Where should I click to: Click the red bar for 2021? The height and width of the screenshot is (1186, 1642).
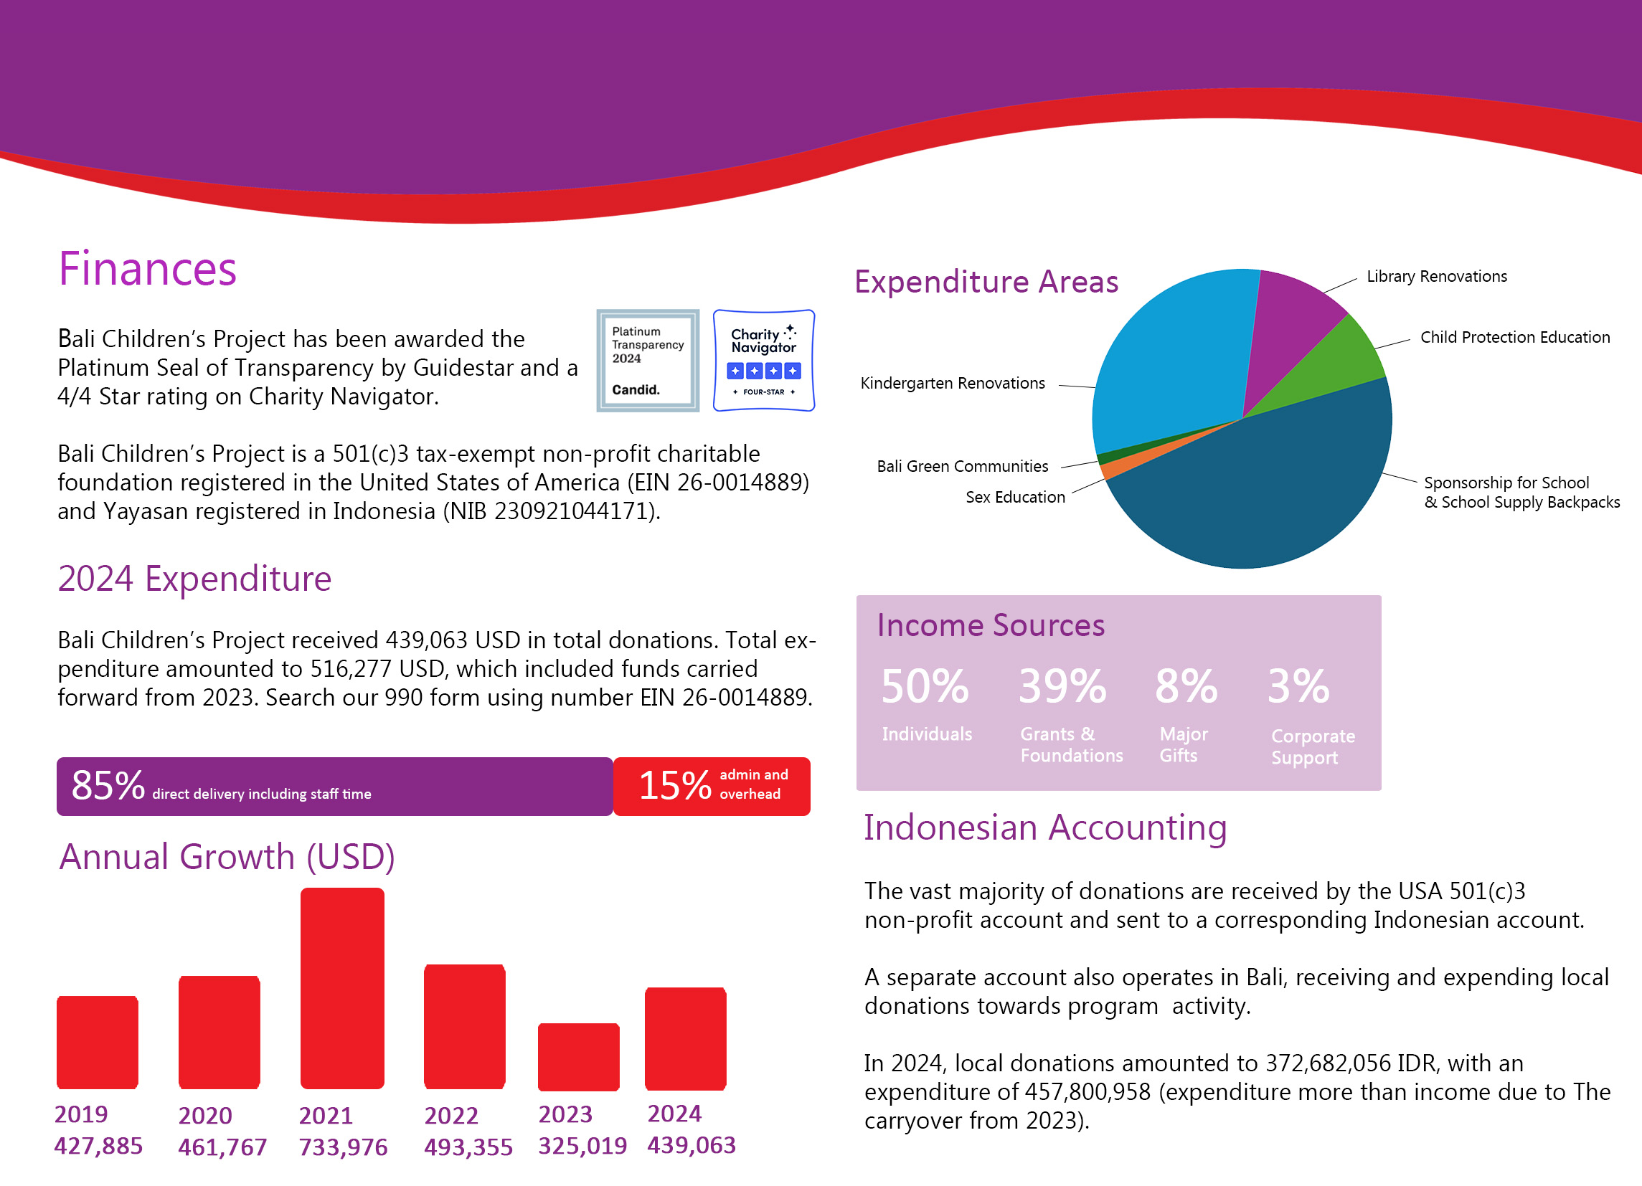click(x=341, y=987)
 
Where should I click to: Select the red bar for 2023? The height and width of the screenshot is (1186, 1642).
click(x=578, y=1056)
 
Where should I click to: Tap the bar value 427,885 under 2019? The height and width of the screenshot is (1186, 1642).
click(x=98, y=1145)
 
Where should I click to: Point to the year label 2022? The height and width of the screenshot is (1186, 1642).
click(x=451, y=1115)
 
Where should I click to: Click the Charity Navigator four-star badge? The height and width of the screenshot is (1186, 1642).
click(x=764, y=361)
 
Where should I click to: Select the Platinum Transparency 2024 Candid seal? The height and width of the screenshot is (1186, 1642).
click(x=647, y=361)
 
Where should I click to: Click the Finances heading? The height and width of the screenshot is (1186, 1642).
click(x=148, y=269)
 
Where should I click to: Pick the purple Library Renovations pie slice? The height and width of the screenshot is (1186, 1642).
click(x=1288, y=318)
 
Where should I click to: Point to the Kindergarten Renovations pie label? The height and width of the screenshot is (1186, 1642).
click(x=952, y=383)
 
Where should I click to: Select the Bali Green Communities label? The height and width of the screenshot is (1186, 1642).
click(x=962, y=466)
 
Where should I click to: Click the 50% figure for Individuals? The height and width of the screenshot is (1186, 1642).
click(x=925, y=686)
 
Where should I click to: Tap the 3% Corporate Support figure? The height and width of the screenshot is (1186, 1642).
click(x=1298, y=686)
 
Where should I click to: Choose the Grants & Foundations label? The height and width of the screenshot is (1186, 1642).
click(x=1071, y=744)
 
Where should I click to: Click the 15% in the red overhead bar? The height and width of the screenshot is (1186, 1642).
click(x=675, y=786)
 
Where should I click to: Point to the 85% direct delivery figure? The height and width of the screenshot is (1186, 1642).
click(x=108, y=786)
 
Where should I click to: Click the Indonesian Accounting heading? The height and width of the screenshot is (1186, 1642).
click(x=1044, y=827)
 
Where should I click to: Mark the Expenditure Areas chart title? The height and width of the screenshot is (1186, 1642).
click(x=986, y=282)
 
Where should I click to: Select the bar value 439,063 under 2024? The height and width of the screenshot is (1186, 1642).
click(x=692, y=1144)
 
